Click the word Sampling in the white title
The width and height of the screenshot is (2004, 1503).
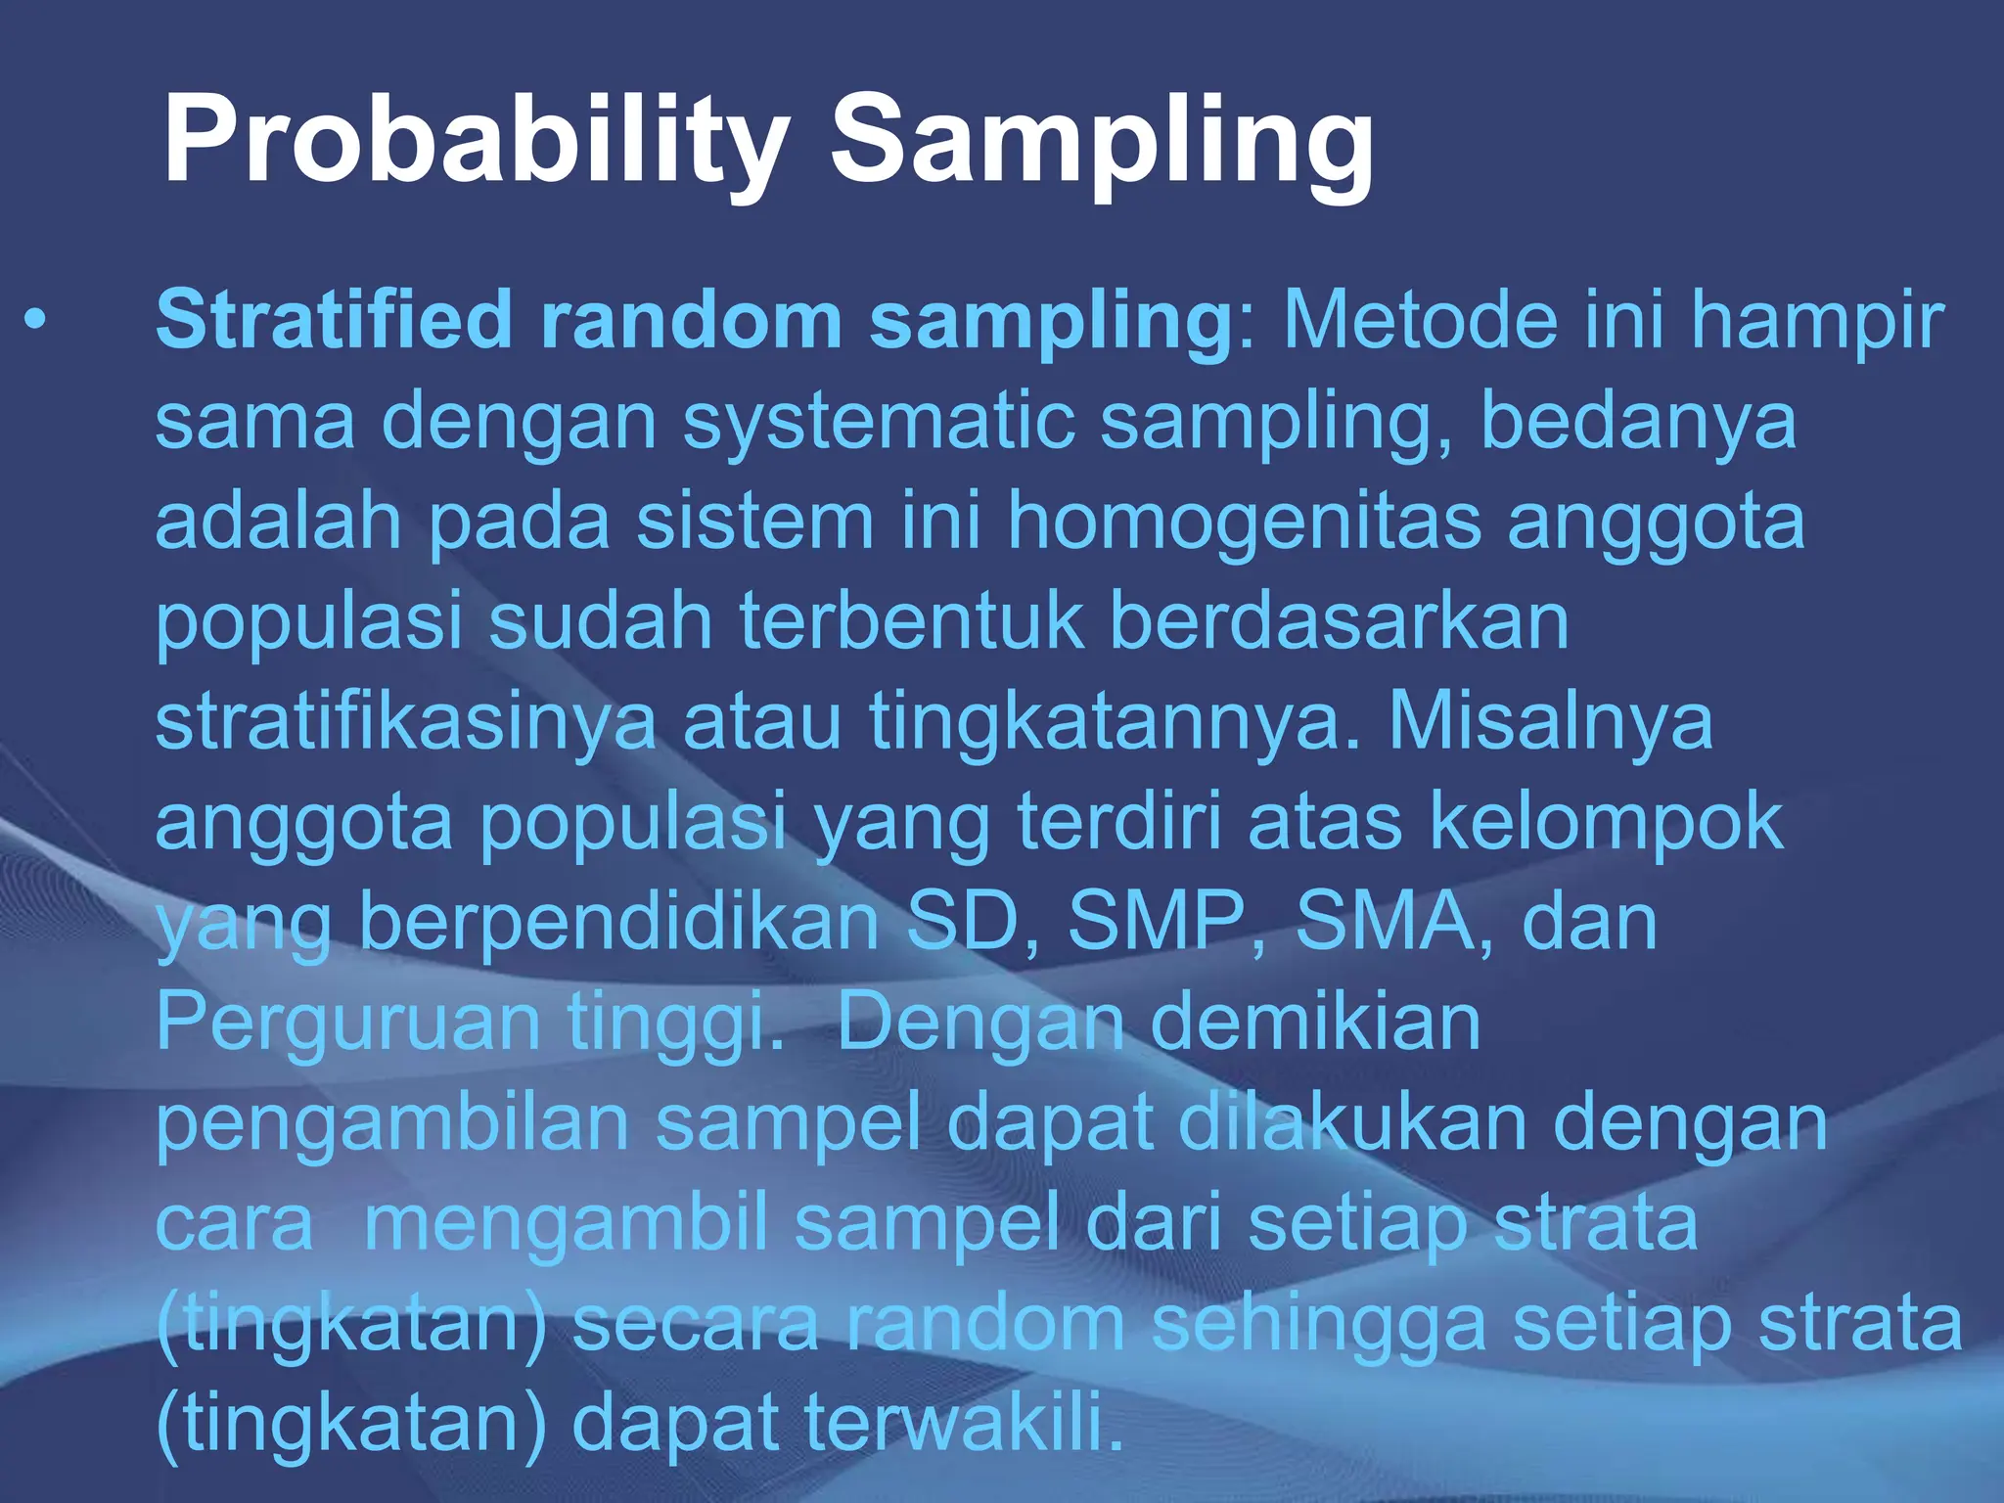pos(1101,140)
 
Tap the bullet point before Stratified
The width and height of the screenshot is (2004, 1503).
pos(36,320)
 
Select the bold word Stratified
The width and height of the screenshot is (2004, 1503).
pos(334,320)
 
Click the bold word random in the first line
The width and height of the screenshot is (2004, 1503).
pos(691,320)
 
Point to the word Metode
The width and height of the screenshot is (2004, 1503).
pos(1419,320)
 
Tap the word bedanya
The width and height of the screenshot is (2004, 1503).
pos(1639,423)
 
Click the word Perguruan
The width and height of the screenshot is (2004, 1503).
pos(348,1024)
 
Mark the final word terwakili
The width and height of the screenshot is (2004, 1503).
pos(964,1425)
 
